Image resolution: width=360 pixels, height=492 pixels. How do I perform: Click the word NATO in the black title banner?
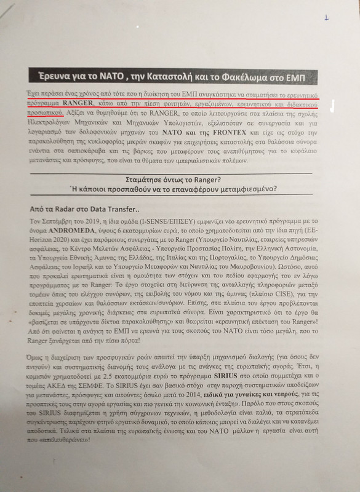coord(116,77)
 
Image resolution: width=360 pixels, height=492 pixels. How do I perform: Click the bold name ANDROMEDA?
coord(58,230)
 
